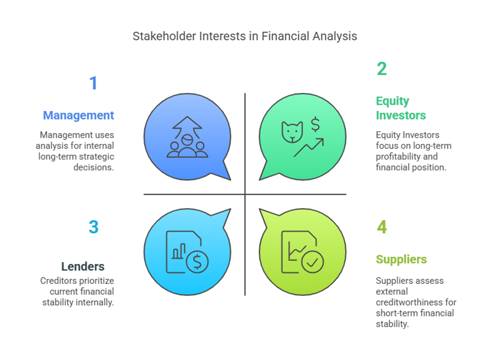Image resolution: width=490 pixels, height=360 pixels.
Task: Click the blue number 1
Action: pos(93,83)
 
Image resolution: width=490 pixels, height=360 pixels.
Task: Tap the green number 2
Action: pos(381,69)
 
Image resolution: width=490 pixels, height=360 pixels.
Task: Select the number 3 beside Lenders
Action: pos(93,227)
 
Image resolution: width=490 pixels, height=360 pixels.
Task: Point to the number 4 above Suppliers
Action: pos(381,227)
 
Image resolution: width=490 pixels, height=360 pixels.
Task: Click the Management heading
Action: pos(78,116)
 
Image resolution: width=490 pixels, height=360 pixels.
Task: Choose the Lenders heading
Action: pos(83,266)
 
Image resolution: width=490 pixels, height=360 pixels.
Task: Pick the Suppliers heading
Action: pos(401,260)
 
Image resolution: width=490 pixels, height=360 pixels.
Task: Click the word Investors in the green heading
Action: pos(401,116)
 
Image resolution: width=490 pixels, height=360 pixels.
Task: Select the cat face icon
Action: pos(292,132)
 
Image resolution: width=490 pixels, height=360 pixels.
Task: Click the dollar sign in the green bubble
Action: pos(315,124)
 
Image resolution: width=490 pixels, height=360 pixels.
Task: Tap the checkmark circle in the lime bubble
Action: pos(312,262)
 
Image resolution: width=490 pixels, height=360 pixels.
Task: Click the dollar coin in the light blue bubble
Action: pos(197,262)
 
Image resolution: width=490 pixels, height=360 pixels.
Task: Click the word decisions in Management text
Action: pos(93,167)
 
